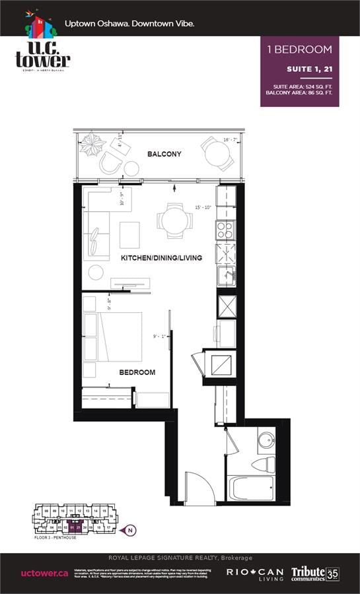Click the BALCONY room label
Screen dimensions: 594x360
[164, 154]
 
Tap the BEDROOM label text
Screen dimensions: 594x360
[137, 372]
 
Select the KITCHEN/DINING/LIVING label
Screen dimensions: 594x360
[161, 257]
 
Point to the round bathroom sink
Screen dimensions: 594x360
[266, 440]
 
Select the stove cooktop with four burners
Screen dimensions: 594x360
[226, 229]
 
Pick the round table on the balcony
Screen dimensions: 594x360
[217, 156]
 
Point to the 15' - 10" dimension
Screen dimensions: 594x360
[203, 208]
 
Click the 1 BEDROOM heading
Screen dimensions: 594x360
[299, 49]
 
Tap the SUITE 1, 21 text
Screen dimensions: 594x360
[308, 69]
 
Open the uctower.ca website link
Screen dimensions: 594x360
[45, 573]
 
